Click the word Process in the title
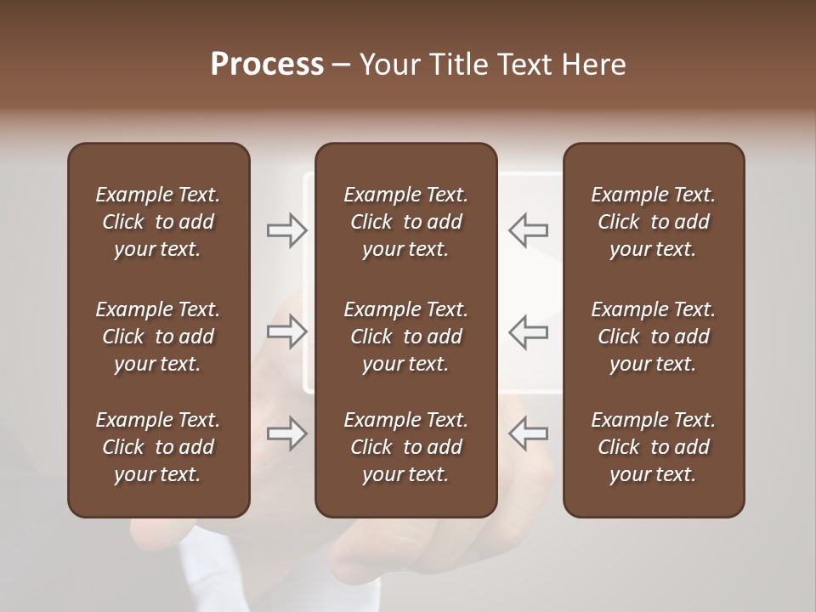267,65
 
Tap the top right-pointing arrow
286,230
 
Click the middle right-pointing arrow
286,331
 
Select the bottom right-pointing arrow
286,433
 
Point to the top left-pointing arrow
528,230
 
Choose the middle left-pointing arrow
528,331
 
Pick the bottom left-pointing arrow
528,433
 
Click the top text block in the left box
158,222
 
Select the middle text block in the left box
158,337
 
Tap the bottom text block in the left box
158,447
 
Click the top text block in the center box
406,222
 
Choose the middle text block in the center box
406,337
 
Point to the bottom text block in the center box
406,447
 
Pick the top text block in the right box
654,222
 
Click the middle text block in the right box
654,337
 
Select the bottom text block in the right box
654,447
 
